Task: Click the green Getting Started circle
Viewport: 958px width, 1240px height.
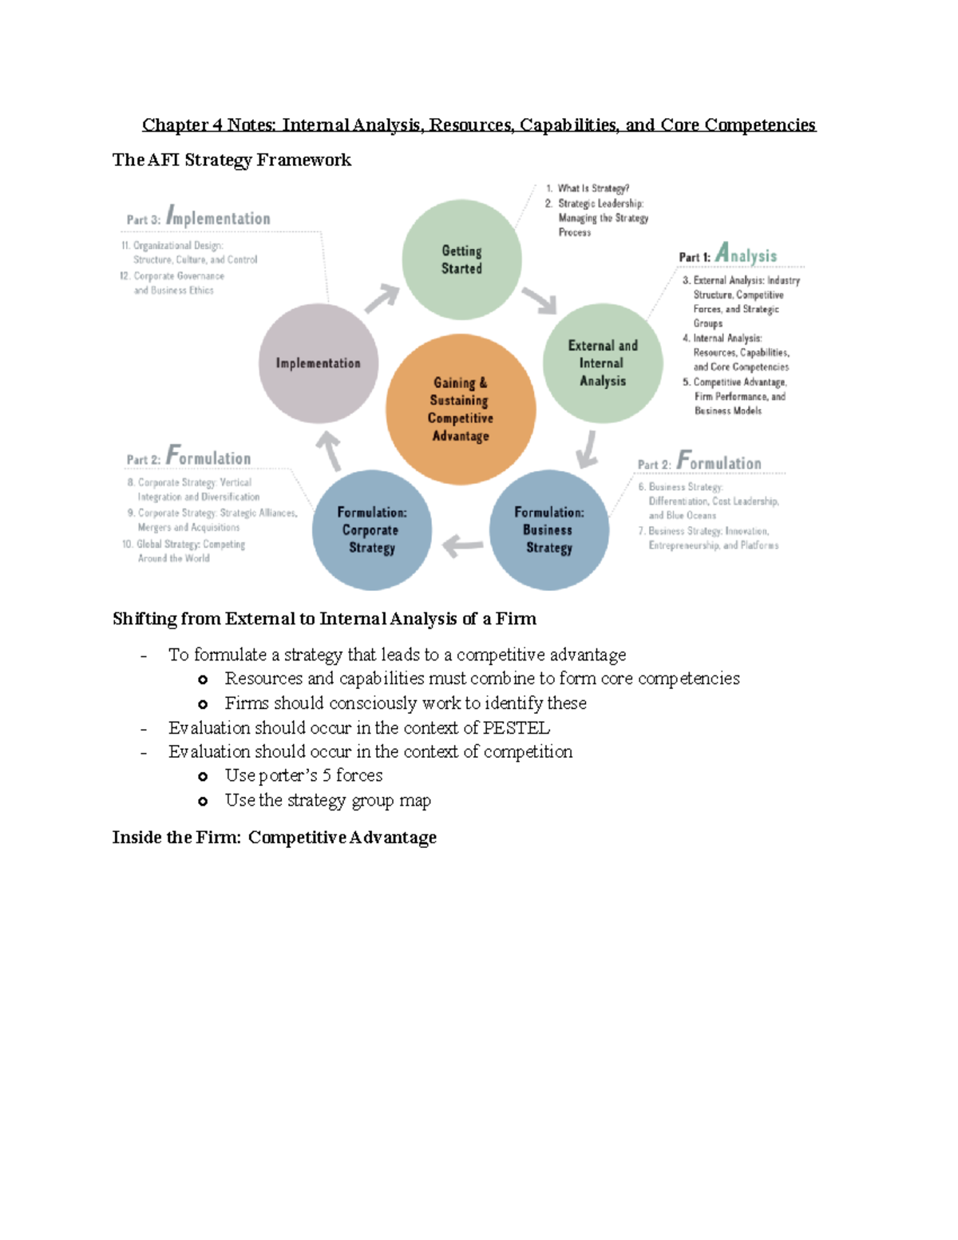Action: (x=461, y=259)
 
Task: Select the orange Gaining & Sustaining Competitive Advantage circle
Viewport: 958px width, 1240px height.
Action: (x=461, y=409)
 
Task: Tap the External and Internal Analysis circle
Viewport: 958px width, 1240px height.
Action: (x=603, y=363)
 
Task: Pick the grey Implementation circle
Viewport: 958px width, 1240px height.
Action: (x=319, y=363)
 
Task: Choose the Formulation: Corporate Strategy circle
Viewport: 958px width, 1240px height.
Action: (x=372, y=530)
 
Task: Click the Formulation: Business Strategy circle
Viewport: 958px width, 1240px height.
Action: (x=549, y=530)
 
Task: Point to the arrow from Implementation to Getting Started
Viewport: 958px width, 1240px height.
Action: (x=382, y=298)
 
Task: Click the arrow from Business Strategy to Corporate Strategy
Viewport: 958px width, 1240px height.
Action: (x=462, y=546)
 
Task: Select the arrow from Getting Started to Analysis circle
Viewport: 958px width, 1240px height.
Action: (x=540, y=300)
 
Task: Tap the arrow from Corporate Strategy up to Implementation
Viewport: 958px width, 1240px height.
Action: (x=329, y=450)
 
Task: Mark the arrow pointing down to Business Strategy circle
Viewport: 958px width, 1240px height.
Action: (x=588, y=449)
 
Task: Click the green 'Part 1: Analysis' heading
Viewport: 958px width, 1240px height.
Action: (x=727, y=255)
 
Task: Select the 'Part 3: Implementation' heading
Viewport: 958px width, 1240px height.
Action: (x=198, y=217)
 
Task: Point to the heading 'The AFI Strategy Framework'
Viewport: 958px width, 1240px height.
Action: (x=232, y=160)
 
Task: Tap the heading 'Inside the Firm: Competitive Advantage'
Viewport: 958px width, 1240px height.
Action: (x=274, y=838)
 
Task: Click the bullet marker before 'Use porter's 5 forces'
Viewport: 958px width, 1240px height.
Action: (x=203, y=776)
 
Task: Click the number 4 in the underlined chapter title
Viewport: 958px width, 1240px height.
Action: (x=216, y=125)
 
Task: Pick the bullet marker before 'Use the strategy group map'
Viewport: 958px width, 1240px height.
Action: (x=203, y=801)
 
